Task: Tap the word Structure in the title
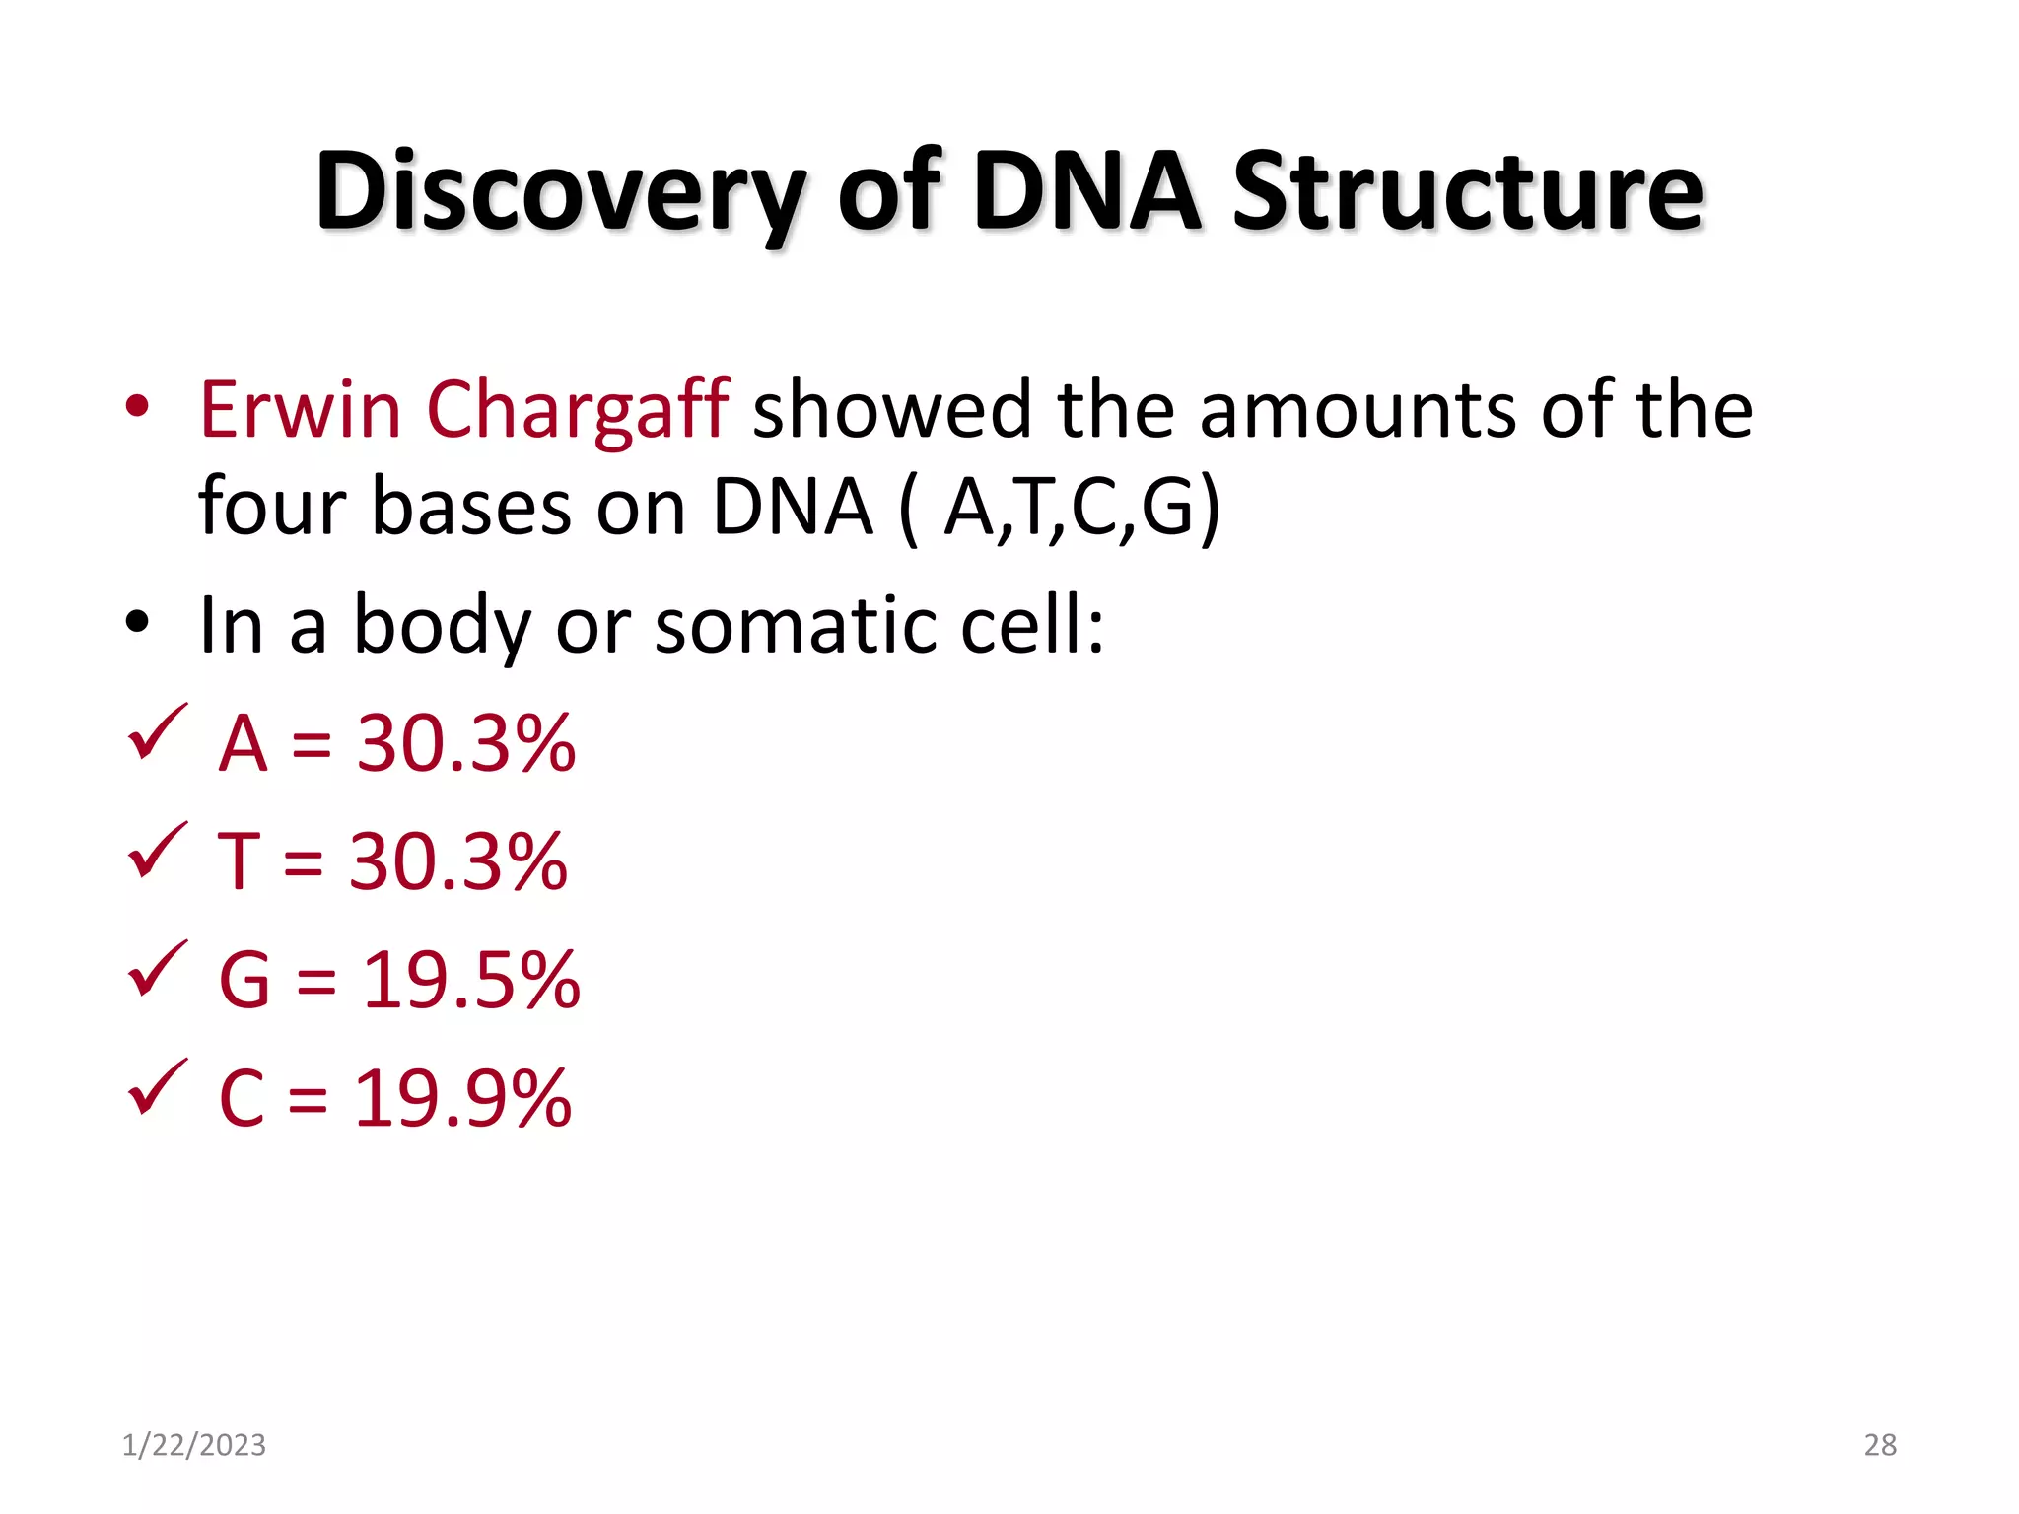coord(1467,192)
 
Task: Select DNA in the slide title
coord(1086,192)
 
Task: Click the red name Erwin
coord(300,409)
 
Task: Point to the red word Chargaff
coord(578,409)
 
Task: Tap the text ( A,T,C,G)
coord(1061,508)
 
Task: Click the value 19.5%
coord(471,981)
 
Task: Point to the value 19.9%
coord(462,1099)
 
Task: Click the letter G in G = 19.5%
coord(244,981)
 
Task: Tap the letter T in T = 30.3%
coord(238,862)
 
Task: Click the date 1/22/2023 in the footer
coord(193,1445)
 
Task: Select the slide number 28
coord(1879,1445)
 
